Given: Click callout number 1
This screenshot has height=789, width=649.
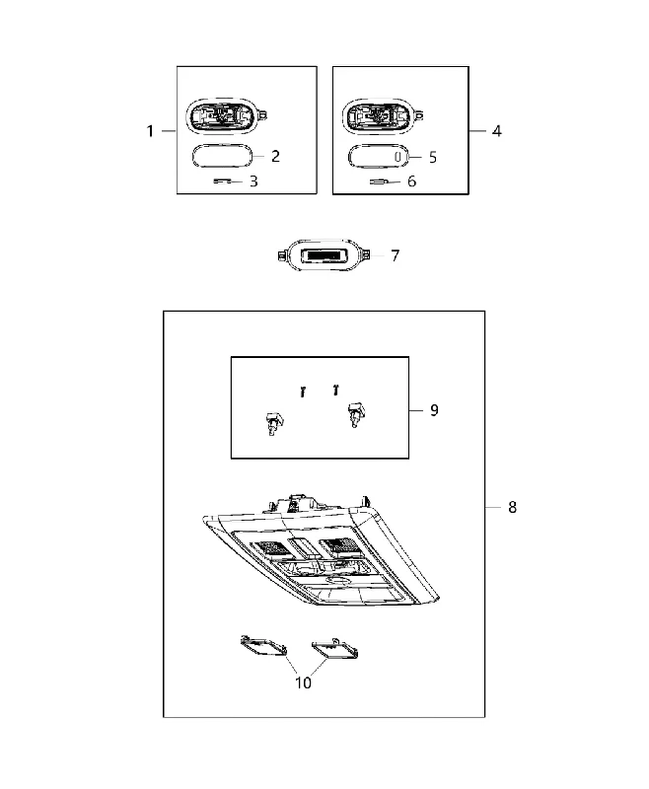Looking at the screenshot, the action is [150, 131].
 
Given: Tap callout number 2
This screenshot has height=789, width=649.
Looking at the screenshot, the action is [275, 157].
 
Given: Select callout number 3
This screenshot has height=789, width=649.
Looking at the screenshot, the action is [253, 181].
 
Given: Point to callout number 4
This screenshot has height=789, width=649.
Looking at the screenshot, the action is [496, 131].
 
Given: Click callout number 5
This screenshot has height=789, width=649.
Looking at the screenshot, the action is [433, 158].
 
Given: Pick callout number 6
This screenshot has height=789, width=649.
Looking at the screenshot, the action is [411, 181].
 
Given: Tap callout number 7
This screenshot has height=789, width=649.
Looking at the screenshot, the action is [395, 256].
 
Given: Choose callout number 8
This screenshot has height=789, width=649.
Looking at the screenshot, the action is [512, 507].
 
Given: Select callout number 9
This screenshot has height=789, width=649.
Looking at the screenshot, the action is [434, 410].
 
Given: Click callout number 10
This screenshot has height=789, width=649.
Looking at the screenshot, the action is [304, 682].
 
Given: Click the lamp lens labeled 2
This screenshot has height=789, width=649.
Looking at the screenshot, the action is [222, 156].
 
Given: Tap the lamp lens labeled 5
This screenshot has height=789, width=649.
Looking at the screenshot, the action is [379, 157].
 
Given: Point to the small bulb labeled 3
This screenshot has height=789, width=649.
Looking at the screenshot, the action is [222, 181].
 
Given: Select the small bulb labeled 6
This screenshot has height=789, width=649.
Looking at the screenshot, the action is [379, 181].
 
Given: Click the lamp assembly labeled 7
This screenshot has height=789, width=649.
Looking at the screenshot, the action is [324, 255].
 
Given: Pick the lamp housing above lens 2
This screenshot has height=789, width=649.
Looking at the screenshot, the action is [226, 116].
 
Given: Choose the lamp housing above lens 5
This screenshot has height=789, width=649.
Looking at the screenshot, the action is [383, 116].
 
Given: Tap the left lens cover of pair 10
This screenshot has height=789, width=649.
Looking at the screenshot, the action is [263, 646].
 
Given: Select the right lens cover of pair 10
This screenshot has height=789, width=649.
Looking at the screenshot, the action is [335, 649].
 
